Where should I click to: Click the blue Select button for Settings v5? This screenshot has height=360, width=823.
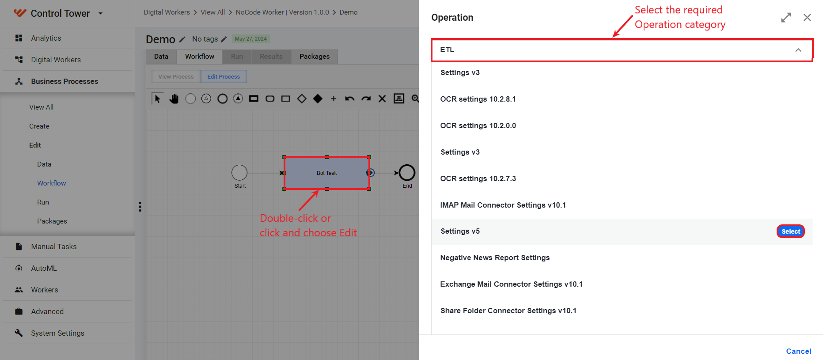click(x=790, y=231)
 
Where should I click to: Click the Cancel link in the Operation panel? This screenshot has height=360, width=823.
click(x=799, y=351)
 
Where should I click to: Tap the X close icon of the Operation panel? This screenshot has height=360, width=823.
click(x=807, y=17)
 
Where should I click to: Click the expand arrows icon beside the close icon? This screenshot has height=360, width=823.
click(x=786, y=18)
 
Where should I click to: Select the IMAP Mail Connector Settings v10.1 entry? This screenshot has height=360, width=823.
click(x=503, y=205)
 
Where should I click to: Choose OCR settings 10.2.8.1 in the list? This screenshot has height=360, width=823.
click(x=478, y=99)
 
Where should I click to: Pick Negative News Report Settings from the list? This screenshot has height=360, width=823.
click(x=495, y=258)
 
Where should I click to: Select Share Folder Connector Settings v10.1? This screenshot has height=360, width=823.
click(x=508, y=311)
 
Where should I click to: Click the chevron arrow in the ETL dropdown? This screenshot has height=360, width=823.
click(x=798, y=50)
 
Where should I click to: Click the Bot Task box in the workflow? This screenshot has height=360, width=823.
click(x=326, y=173)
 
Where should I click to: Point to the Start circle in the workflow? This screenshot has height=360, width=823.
click(x=239, y=173)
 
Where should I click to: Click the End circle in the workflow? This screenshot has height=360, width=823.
click(x=407, y=173)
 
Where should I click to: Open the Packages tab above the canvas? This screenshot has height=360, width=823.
click(x=315, y=57)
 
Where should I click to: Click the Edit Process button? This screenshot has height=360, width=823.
click(x=224, y=76)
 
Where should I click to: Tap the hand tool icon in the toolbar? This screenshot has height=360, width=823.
click(x=174, y=99)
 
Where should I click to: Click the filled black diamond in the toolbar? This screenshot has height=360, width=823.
click(x=318, y=99)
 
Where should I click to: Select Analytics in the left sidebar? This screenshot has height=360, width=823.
click(x=46, y=38)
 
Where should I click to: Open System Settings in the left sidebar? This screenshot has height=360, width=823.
click(x=57, y=333)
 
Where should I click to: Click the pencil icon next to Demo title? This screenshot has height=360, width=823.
click(x=182, y=39)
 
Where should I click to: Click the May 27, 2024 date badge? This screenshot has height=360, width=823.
click(x=251, y=39)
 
